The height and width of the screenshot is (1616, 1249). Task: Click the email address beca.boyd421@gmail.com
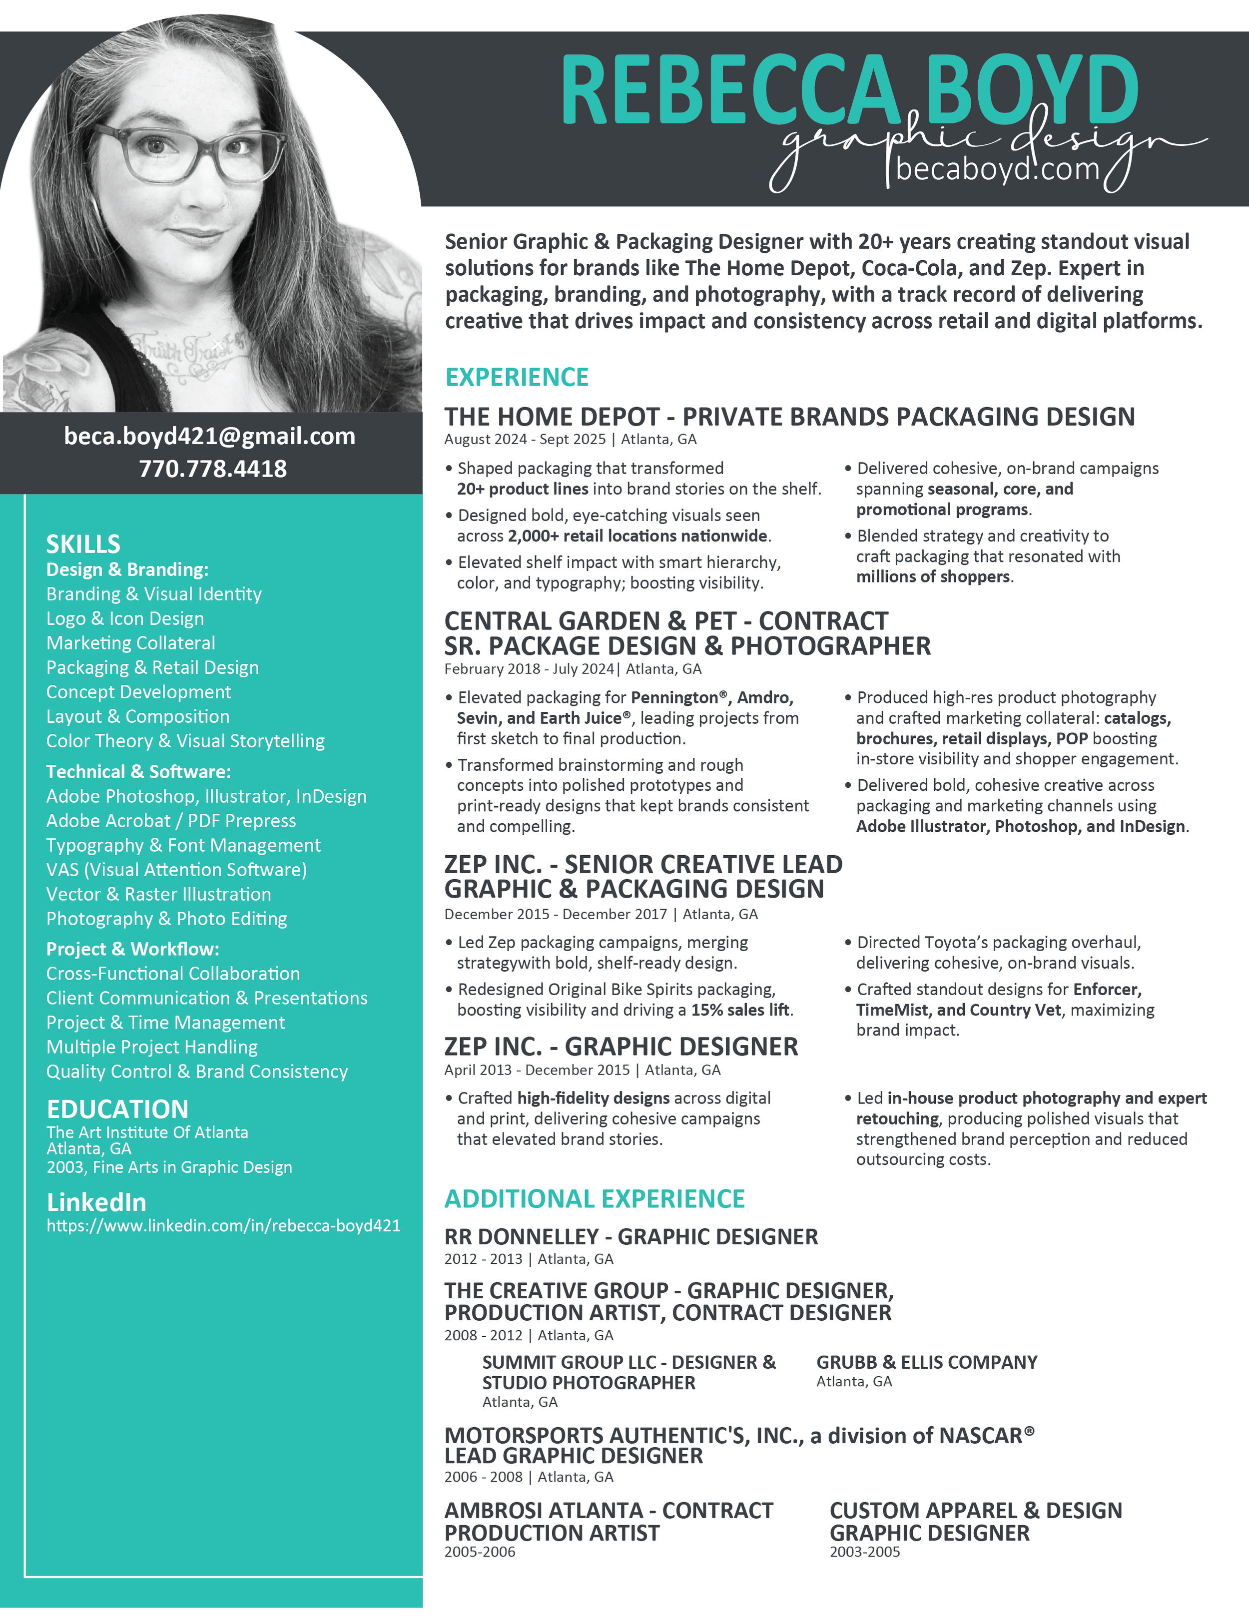click(209, 437)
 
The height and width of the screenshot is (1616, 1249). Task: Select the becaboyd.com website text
click(997, 169)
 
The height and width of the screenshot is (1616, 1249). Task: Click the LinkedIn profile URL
click(223, 1226)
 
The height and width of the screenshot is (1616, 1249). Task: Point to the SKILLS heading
click(83, 544)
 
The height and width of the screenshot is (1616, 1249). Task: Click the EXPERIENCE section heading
click(517, 377)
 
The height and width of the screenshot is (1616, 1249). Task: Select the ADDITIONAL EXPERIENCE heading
click(594, 1199)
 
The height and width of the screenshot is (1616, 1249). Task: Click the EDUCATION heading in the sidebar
click(117, 1109)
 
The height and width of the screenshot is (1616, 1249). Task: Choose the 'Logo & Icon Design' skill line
click(125, 618)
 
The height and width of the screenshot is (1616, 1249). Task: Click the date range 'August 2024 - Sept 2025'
click(525, 440)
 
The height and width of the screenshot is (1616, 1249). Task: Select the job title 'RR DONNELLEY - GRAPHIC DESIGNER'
click(631, 1237)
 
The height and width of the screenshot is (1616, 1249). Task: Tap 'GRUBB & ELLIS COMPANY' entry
click(926, 1363)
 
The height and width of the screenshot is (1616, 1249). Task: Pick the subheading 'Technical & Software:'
click(138, 772)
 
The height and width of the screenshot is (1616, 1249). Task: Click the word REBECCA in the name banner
click(729, 92)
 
